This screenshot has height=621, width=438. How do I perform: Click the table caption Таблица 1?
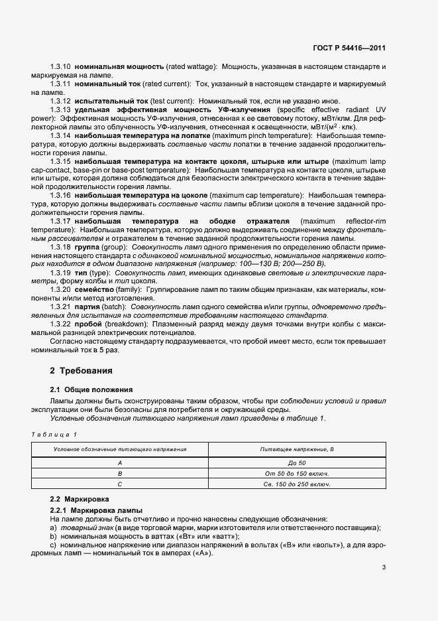[x=54, y=434]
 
